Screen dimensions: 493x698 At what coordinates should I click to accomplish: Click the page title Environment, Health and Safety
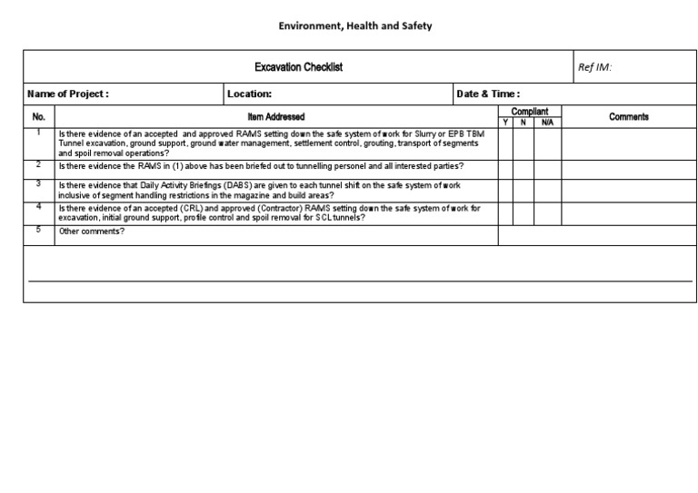pos(354,25)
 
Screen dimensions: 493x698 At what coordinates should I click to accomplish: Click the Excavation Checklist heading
pos(298,67)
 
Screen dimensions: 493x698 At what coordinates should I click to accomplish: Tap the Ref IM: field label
pos(595,67)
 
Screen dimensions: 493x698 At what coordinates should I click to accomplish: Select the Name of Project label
pos(68,94)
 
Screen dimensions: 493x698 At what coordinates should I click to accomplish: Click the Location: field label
pos(249,94)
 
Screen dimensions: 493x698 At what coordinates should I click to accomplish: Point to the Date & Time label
pos(487,94)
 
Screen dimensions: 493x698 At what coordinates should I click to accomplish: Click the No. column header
pos(38,117)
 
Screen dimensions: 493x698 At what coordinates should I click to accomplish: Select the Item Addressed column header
pos(276,117)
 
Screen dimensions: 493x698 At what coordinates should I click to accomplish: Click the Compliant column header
pos(530,112)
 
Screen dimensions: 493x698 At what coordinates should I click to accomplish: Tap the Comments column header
pos(629,117)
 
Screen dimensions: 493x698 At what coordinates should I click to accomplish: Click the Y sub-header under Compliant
pos(505,122)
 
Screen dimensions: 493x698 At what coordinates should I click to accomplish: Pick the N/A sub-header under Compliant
pos(547,122)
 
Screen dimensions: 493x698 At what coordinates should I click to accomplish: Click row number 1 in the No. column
pos(38,133)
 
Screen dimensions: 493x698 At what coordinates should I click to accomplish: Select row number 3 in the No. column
pos(38,183)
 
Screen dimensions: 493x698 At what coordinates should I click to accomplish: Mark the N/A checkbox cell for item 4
pos(547,213)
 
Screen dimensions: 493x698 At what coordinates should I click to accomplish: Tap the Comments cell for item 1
pos(629,143)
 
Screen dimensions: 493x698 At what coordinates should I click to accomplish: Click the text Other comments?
pos(92,232)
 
